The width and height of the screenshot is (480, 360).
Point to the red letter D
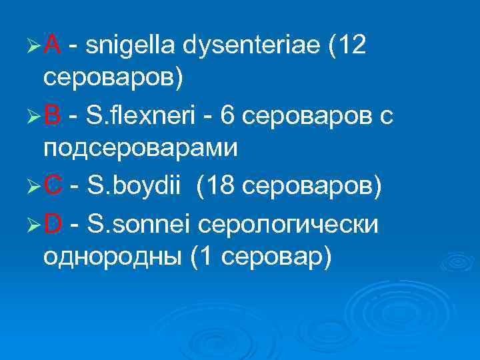point(53,225)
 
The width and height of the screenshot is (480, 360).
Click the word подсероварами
point(140,148)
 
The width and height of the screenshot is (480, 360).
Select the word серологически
point(289,226)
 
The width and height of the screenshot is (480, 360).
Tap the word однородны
point(111,256)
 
